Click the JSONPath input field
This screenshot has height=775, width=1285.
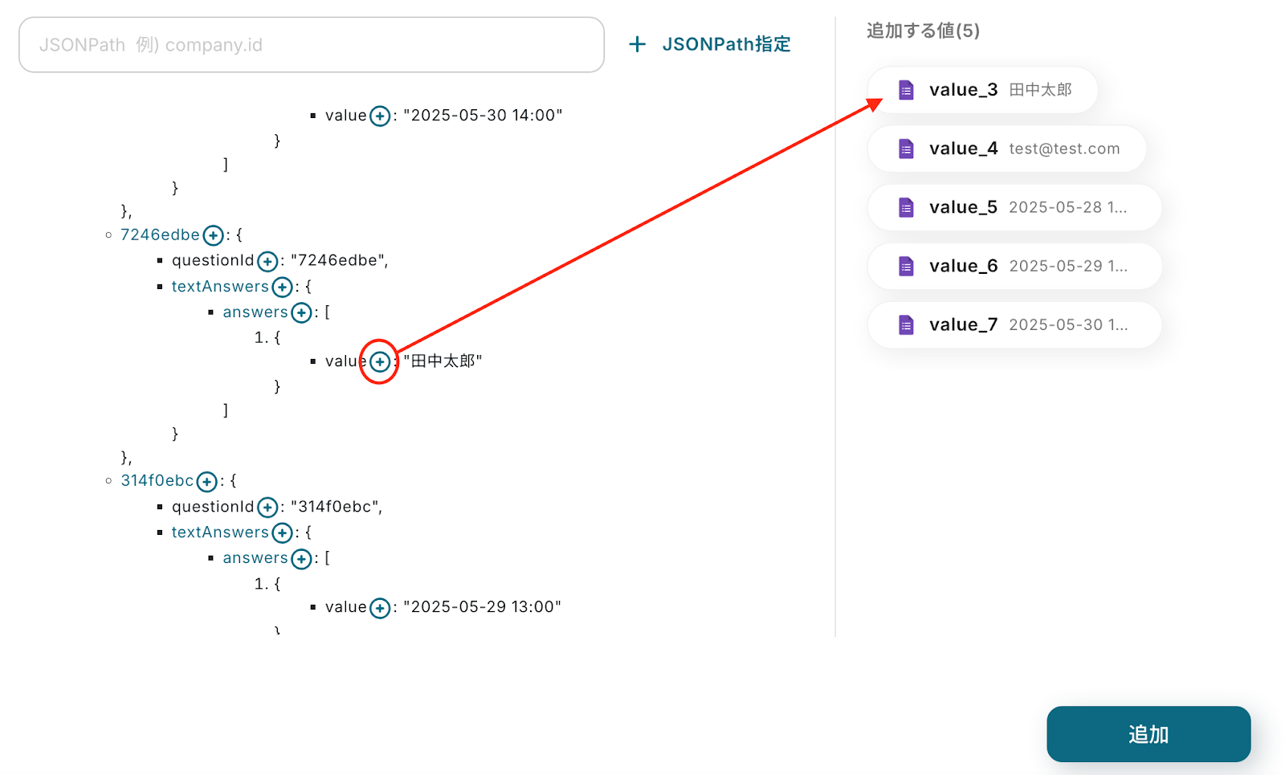coord(311,45)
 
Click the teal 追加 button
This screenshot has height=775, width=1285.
coord(1148,734)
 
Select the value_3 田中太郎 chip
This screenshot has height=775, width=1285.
coord(982,90)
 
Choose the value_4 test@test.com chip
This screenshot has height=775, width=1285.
coord(1006,149)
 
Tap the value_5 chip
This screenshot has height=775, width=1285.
coord(1014,207)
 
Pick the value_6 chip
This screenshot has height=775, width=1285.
coord(1014,266)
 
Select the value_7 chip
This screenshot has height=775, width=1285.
coord(1014,324)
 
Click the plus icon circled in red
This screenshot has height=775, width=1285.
coord(380,362)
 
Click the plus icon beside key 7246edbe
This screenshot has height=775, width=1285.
coord(213,235)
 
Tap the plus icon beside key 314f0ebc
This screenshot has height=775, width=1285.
coord(206,482)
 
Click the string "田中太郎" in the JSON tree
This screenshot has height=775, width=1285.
coord(443,361)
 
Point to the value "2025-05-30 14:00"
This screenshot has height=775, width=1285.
coord(483,116)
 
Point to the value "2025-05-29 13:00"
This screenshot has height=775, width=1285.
coord(482,607)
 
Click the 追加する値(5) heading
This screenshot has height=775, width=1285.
coord(923,31)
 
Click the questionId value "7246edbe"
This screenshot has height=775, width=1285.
coord(338,261)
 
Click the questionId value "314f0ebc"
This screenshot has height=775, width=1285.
coord(335,507)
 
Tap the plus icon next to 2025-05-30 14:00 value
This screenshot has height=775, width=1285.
coord(380,116)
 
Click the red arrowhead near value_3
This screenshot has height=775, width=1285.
coord(875,104)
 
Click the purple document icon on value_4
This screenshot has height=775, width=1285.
coord(906,149)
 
